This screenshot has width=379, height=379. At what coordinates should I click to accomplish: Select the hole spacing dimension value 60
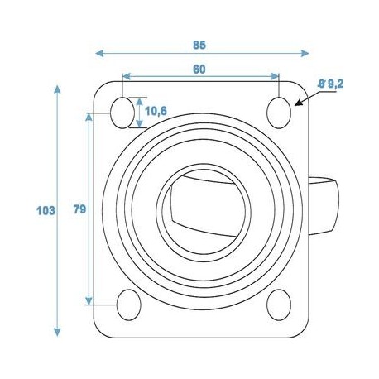[x=199, y=70]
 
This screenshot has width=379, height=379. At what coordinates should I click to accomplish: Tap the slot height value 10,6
[x=155, y=110]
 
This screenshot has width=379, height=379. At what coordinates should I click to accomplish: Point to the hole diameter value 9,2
[x=333, y=83]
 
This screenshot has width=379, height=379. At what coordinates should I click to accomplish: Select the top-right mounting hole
[x=280, y=109]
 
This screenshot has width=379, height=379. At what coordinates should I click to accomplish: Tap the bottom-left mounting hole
[x=127, y=304]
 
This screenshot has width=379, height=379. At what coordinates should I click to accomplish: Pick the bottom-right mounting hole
[x=279, y=304]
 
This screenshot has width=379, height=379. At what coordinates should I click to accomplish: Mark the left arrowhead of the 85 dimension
[x=101, y=54]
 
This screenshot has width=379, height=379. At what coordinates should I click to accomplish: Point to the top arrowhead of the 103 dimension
[x=58, y=87]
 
